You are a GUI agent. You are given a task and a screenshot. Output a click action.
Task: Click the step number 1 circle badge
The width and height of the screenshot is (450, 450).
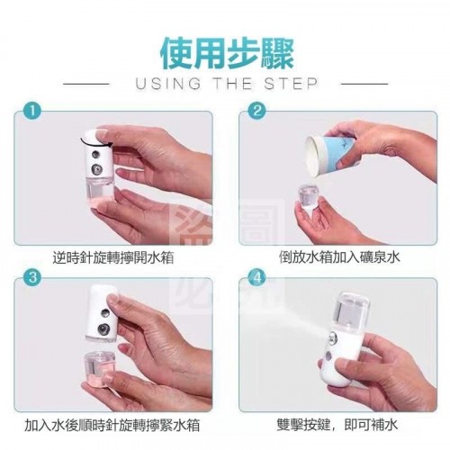(x=32, y=112)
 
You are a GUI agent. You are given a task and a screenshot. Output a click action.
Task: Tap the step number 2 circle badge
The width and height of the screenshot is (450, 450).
(x=257, y=112)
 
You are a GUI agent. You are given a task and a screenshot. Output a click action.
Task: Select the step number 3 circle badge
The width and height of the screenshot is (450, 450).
(x=32, y=277)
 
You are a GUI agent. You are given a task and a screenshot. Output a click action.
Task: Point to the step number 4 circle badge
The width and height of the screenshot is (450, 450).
(x=257, y=277)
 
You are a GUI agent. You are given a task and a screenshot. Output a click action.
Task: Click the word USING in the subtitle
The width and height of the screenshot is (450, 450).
(x=168, y=84)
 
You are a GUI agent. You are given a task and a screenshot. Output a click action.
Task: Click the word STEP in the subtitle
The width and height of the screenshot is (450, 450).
(x=291, y=84)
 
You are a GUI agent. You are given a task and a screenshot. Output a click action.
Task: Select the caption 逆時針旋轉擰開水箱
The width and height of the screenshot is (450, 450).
(x=113, y=257)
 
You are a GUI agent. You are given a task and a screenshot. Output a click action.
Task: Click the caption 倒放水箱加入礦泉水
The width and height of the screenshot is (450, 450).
(x=339, y=257)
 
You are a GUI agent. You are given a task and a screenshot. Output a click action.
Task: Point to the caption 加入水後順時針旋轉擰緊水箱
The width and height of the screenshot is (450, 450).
(x=112, y=425)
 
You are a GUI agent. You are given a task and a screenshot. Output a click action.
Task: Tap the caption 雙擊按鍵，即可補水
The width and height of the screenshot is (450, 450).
(x=337, y=425)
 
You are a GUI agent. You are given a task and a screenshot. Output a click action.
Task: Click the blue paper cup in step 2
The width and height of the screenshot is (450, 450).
(x=331, y=155)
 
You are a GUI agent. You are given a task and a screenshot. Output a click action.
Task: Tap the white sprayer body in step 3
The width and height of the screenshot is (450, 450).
(x=103, y=313)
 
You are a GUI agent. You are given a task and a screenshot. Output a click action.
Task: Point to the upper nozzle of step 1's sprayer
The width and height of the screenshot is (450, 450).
(x=96, y=155)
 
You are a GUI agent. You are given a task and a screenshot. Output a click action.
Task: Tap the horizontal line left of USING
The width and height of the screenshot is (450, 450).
(x=86, y=84)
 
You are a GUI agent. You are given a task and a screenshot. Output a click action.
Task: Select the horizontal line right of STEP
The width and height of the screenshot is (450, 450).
(x=364, y=84)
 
